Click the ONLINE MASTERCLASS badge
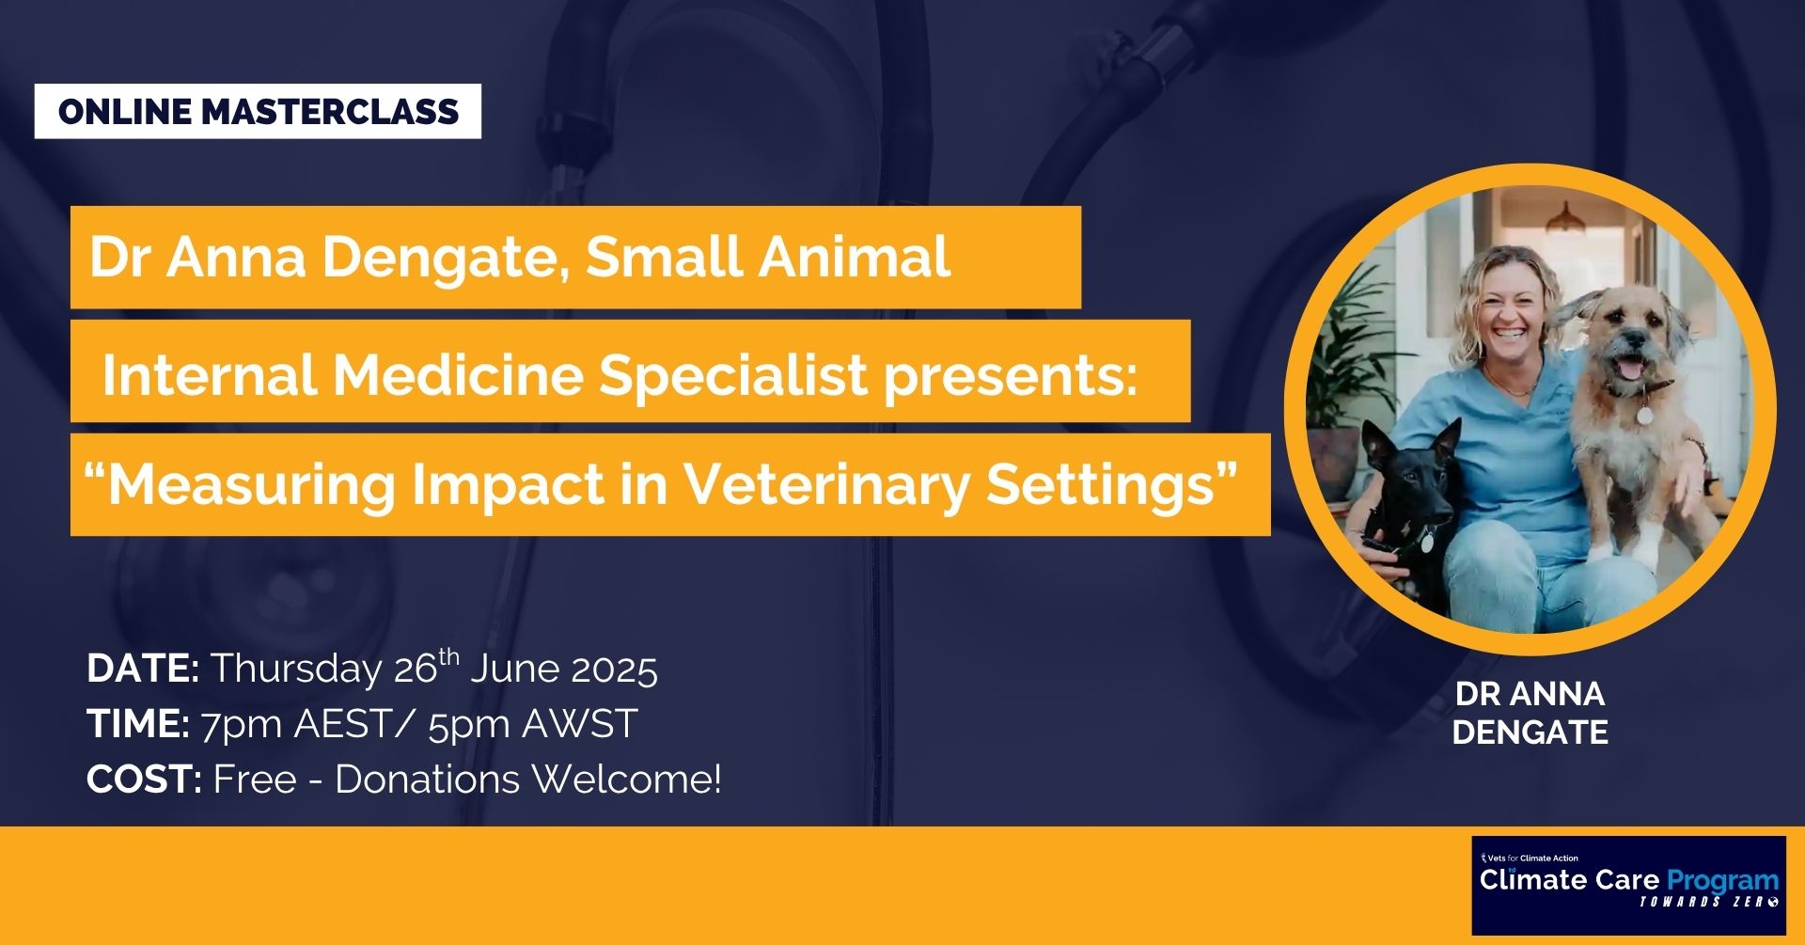click(x=258, y=111)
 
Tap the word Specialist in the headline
click(x=733, y=375)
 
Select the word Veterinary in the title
click(x=825, y=485)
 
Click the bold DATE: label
click(x=143, y=669)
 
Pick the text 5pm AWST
click(x=533, y=725)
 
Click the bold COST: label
click(x=144, y=780)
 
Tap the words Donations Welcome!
click(x=528, y=780)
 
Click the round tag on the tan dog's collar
click(x=1645, y=415)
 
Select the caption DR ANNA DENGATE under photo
click(x=1530, y=713)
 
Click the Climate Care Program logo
click(x=1628, y=885)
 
